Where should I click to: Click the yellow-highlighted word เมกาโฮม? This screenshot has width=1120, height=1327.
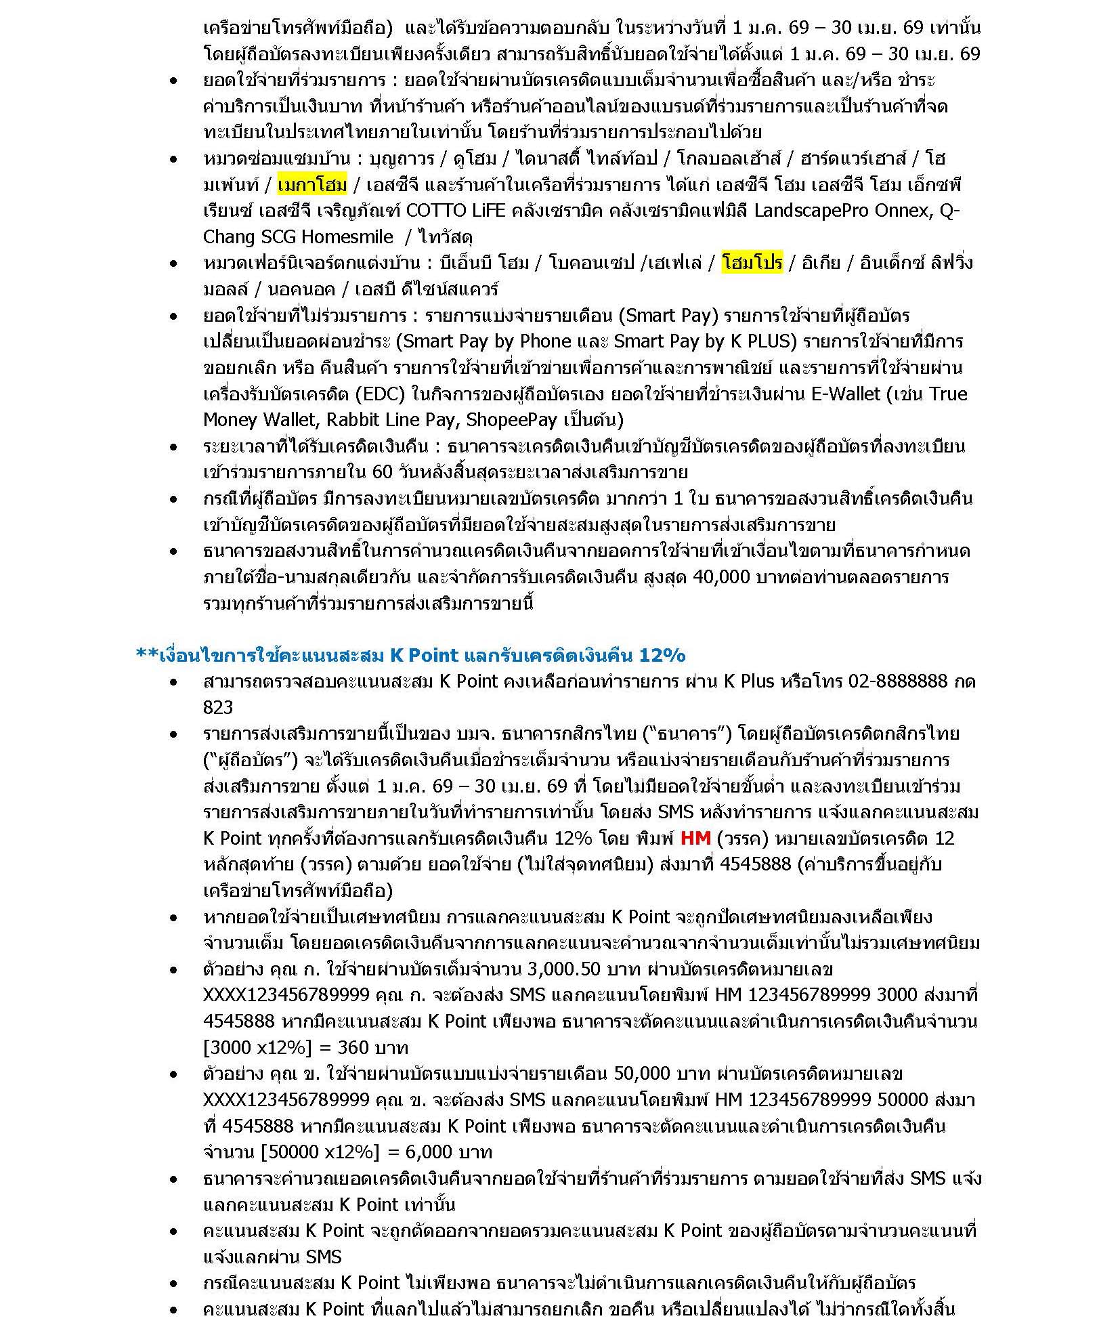pyautogui.click(x=312, y=184)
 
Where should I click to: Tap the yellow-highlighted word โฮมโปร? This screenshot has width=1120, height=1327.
pyautogui.click(x=752, y=262)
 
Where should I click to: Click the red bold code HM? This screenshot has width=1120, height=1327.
pyautogui.click(x=695, y=838)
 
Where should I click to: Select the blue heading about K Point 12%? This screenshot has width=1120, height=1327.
pyautogui.click(x=411, y=655)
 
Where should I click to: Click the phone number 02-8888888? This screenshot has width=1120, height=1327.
pyautogui.click(x=897, y=681)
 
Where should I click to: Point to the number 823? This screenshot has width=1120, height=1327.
pyautogui.click(x=218, y=707)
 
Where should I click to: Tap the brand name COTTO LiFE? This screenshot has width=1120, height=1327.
pyautogui.click(x=456, y=211)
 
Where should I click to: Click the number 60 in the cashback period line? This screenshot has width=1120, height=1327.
pyautogui.click(x=383, y=472)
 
